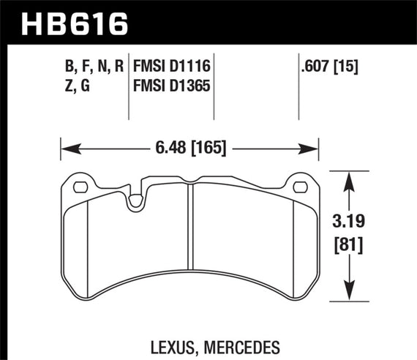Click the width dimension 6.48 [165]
click(190, 149)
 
